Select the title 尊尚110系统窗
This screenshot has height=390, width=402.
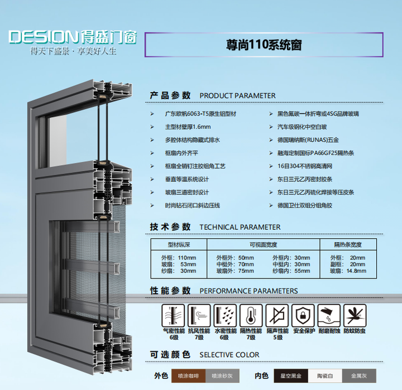[264, 45]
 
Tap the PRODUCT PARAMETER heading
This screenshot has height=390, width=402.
[237, 95]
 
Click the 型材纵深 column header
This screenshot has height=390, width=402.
[179, 244]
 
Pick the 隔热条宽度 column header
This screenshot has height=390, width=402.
[348, 244]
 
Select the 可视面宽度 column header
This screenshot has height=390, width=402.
[262, 244]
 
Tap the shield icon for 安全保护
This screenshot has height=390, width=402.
[303, 316]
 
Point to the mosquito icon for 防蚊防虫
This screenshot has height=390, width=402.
[355, 316]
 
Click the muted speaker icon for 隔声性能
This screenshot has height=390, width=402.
[277, 316]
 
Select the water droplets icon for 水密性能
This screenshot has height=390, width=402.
[225, 316]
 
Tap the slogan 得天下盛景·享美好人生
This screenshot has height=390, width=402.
[73, 52]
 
